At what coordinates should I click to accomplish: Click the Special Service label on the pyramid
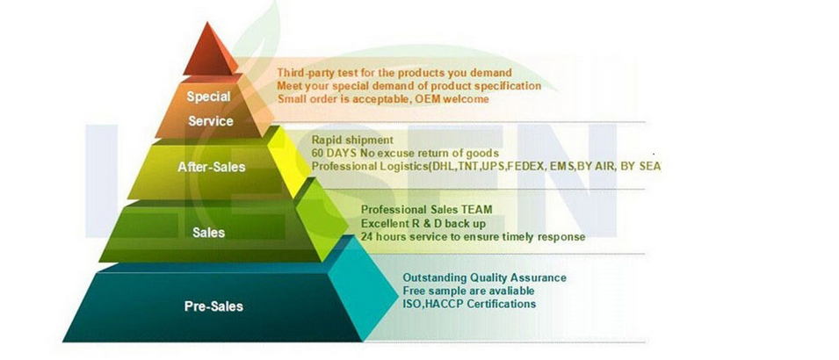[x=210, y=109]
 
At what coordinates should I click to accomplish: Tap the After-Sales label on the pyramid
[x=212, y=167]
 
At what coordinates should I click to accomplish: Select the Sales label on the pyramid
[x=209, y=233]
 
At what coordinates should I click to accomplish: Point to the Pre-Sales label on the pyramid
[x=213, y=306]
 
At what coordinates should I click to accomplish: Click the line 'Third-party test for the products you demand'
[x=394, y=73]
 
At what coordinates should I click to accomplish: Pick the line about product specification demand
[x=409, y=85]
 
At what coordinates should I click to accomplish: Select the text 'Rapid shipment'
[x=352, y=140]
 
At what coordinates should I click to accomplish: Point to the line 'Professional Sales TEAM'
[x=426, y=209]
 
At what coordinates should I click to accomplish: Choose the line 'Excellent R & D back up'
[x=423, y=222]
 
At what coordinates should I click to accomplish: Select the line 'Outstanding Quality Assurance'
[x=484, y=278]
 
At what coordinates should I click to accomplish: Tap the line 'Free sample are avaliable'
[x=468, y=291]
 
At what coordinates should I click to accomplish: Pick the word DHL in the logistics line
[x=442, y=166]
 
